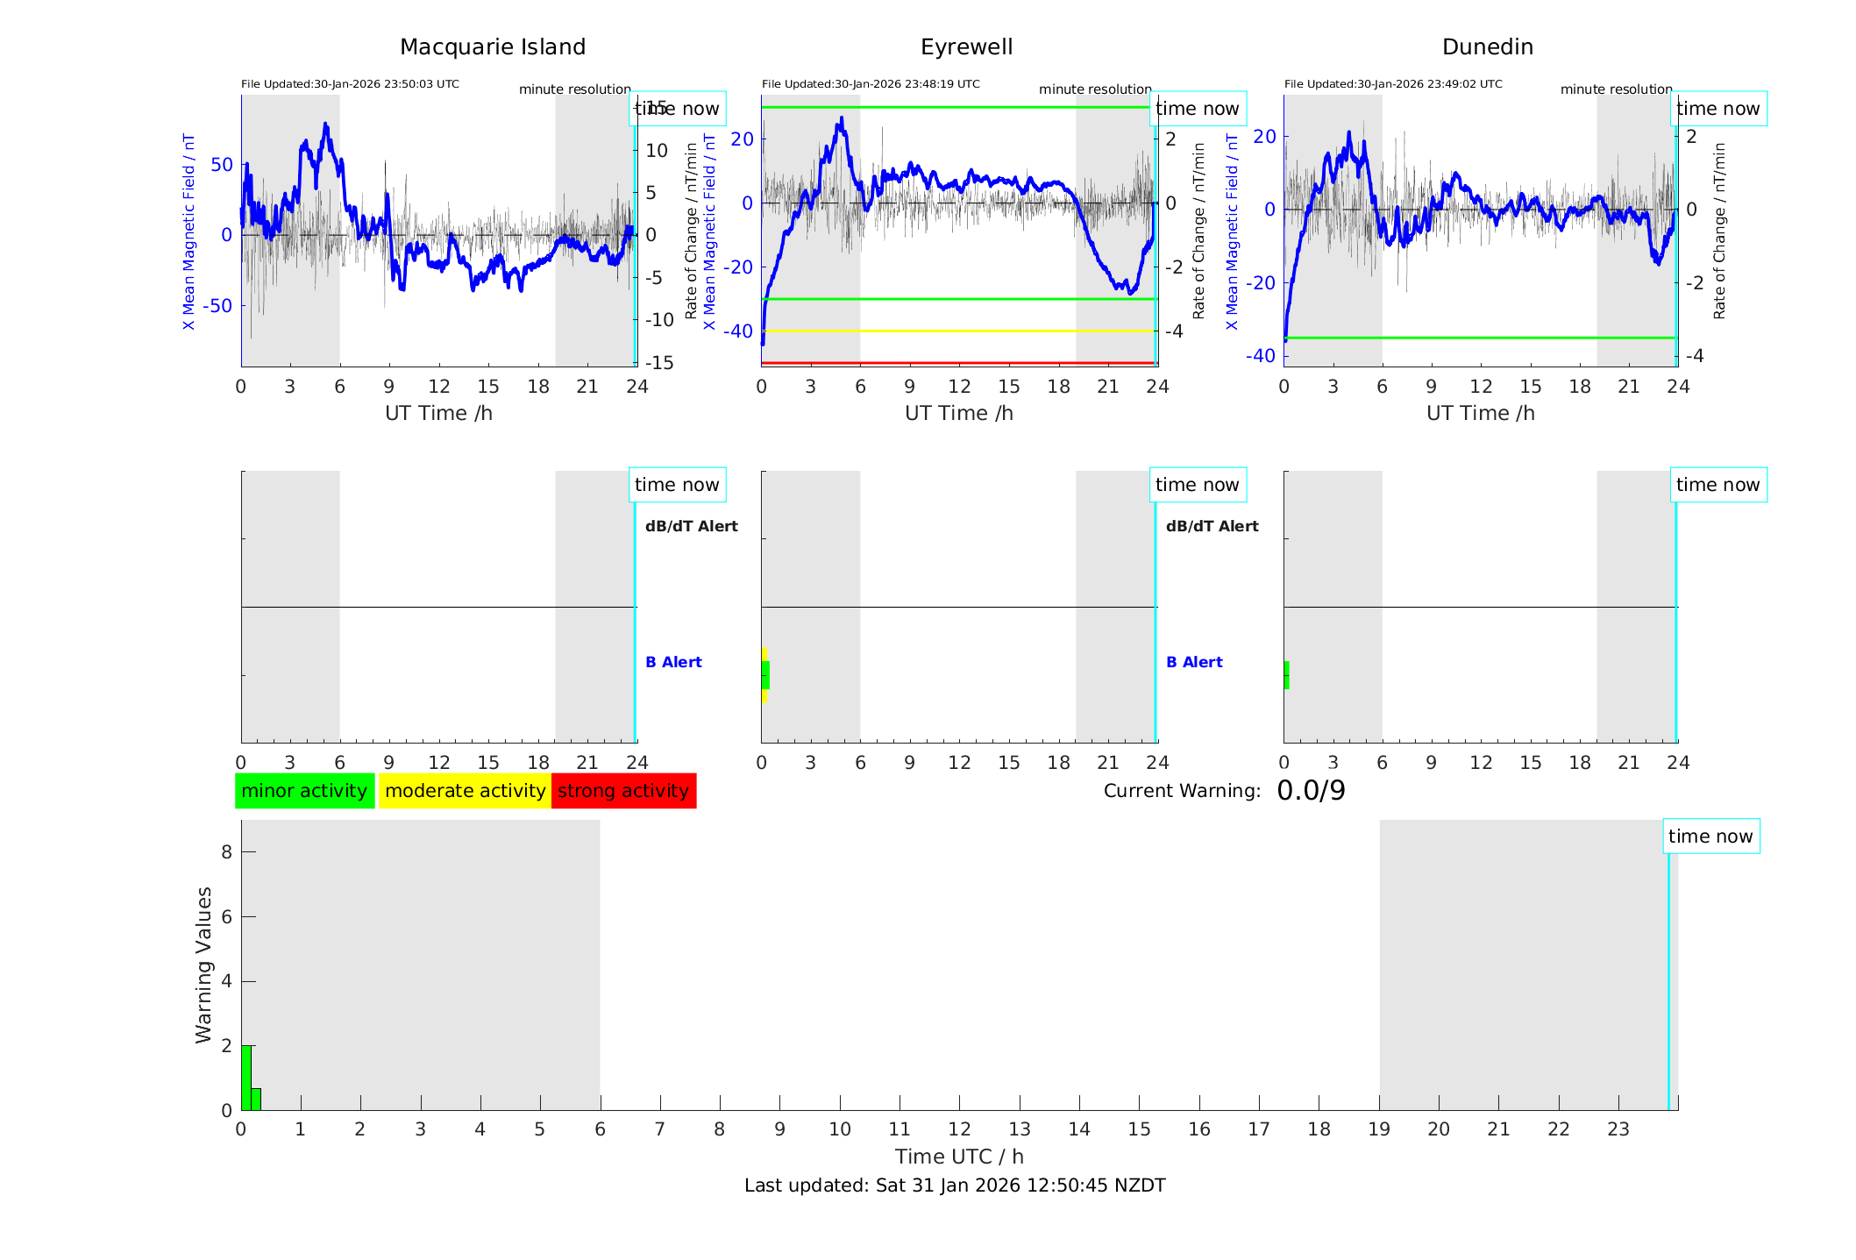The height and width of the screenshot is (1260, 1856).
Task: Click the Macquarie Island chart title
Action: pyautogui.click(x=492, y=47)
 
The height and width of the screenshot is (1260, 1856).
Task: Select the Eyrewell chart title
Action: pyautogui.click(x=966, y=47)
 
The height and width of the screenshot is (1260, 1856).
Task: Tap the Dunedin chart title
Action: pyautogui.click(x=1487, y=47)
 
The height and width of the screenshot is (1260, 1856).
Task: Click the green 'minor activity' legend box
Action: pyautogui.click(x=304, y=791)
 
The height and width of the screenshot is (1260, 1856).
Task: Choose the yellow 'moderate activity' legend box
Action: pyautogui.click(x=465, y=791)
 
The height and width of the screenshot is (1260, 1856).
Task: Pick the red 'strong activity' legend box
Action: pyautogui.click(x=623, y=791)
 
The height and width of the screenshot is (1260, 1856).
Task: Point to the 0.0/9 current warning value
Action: pyautogui.click(x=1311, y=791)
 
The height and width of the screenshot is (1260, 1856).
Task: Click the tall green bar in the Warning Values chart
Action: pyautogui.click(x=246, y=1077)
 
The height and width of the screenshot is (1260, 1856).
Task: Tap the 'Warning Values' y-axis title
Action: pyautogui.click(x=203, y=965)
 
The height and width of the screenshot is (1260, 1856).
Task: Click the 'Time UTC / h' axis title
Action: pyautogui.click(x=959, y=1157)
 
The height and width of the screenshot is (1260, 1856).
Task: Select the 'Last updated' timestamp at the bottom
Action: pyautogui.click(x=955, y=1185)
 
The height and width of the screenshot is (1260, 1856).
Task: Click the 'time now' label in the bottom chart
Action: pyautogui.click(x=1710, y=836)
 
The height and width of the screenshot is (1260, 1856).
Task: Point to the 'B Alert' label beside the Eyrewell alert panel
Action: pyautogui.click(x=1194, y=662)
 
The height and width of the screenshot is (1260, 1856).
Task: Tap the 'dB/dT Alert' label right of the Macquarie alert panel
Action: pyautogui.click(x=691, y=526)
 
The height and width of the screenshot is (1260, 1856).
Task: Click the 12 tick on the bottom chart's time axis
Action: pyautogui.click(x=960, y=1129)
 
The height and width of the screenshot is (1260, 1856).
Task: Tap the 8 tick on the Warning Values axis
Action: pyautogui.click(x=226, y=851)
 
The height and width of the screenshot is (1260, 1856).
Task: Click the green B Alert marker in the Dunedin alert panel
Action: pyautogui.click(x=1286, y=675)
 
